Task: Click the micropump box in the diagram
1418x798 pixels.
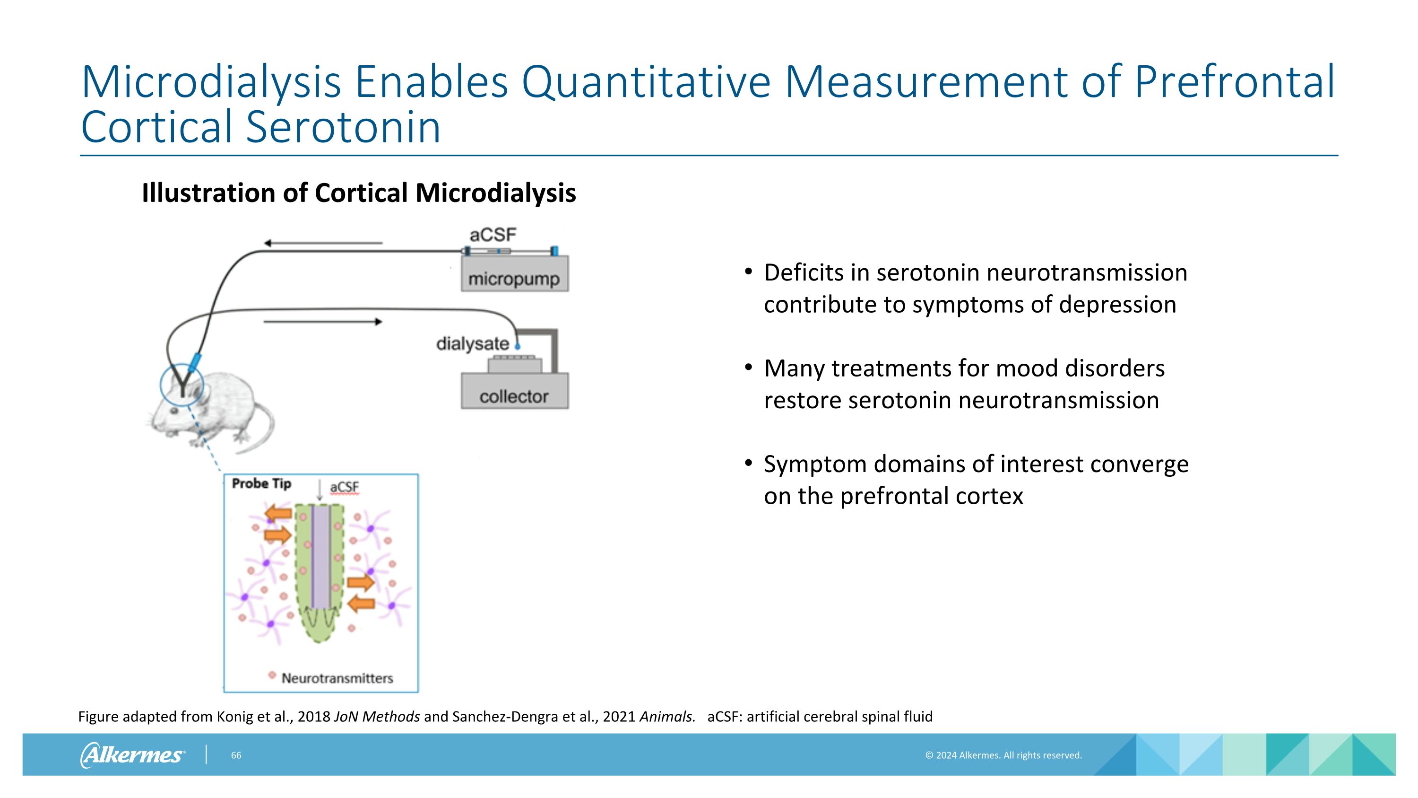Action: [x=514, y=274]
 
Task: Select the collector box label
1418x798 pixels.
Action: [x=514, y=396]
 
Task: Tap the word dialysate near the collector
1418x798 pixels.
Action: [x=472, y=343]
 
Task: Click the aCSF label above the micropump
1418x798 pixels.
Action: [x=493, y=235]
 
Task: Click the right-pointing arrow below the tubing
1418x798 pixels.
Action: [x=322, y=322]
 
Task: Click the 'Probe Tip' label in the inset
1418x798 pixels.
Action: [x=261, y=483]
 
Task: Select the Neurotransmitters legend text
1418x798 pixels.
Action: [x=337, y=678]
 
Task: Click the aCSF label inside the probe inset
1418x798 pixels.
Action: [x=344, y=487]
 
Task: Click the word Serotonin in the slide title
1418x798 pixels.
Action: [x=343, y=127]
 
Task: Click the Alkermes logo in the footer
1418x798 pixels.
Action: [x=132, y=755]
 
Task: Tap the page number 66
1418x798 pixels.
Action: [x=235, y=755]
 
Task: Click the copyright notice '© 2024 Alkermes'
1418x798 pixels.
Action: [x=1003, y=755]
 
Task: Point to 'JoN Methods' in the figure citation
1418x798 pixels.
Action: [x=377, y=717]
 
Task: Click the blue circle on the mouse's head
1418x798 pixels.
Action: [x=182, y=385]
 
